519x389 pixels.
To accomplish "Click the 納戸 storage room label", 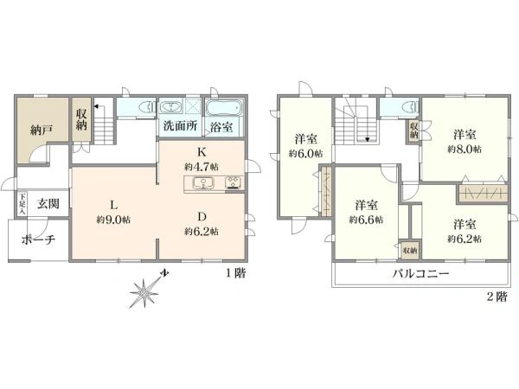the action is click(x=42, y=131).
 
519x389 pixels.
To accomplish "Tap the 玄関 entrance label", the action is click(x=48, y=203).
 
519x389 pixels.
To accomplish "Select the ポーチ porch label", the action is click(x=38, y=239).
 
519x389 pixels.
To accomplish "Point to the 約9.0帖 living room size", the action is click(x=113, y=220).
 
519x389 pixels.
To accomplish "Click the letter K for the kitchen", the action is click(x=202, y=152).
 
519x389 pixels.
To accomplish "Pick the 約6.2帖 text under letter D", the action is click(x=202, y=231).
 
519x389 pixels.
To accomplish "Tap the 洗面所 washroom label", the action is click(x=181, y=125).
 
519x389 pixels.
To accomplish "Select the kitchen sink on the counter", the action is click(x=203, y=183).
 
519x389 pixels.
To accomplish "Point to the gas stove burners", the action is click(x=234, y=182).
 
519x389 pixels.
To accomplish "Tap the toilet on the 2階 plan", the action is click(x=410, y=106).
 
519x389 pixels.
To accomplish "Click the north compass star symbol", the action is click(x=144, y=293).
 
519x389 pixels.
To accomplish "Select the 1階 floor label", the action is click(x=236, y=273).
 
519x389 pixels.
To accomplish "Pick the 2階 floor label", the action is click(x=497, y=297).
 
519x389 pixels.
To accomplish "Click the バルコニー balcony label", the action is click(x=420, y=274).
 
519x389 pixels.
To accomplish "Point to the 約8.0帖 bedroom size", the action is click(x=465, y=150).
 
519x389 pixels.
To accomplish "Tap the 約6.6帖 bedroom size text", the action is click(x=366, y=220).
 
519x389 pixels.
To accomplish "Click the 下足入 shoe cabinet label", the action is click(x=22, y=204).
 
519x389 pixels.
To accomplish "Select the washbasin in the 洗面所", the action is click(x=170, y=107).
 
